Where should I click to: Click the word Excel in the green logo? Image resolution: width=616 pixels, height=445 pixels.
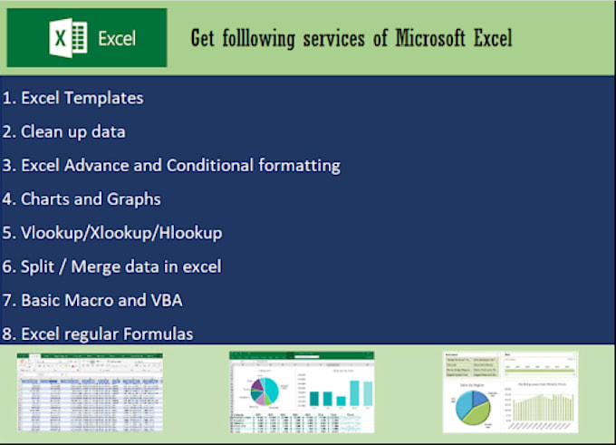(x=117, y=39)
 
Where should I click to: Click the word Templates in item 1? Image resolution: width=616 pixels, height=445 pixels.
(x=103, y=98)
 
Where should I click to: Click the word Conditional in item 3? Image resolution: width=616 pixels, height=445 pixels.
(x=215, y=165)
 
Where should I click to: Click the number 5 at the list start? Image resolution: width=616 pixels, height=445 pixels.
(x=7, y=233)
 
